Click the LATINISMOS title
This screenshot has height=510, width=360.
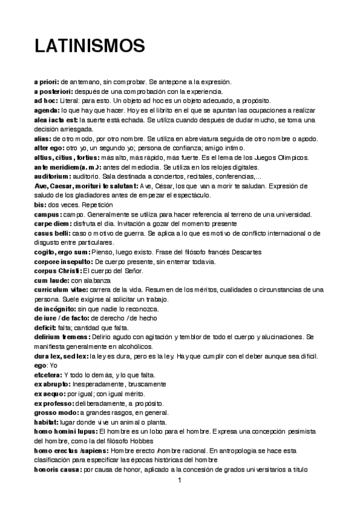(90, 46)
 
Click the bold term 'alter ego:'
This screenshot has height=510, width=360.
(49, 148)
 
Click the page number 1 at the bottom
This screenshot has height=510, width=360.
(180, 481)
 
